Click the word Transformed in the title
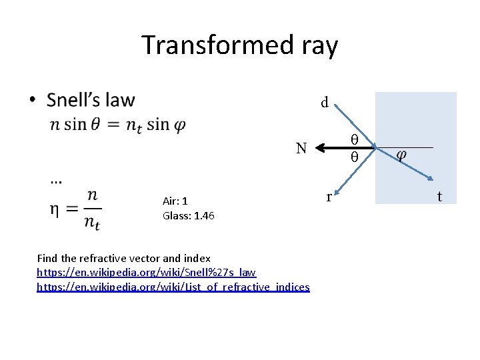(212, 45)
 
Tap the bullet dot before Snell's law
(31, 101)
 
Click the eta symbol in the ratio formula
(57, 209)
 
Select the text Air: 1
(175, 201)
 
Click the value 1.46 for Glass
(202, 215)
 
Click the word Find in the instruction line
(47, 258)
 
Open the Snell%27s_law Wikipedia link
(146, 273)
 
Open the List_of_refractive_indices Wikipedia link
(173, 287)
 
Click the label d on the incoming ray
(325, 103)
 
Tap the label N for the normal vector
(301, 148)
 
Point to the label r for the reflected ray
(329, 197)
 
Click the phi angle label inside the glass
(401, 155)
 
